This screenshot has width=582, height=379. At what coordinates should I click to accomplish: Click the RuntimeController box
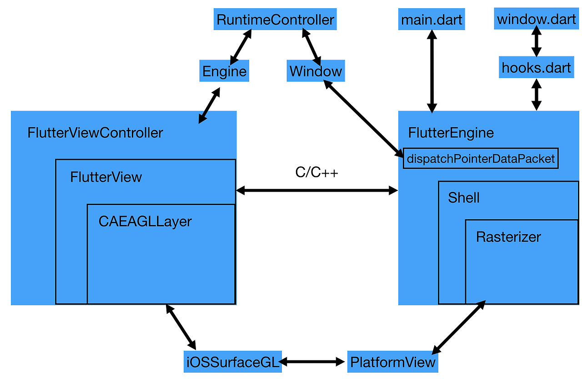(x=275, y=20)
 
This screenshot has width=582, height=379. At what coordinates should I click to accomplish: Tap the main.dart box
(x=431, y=20)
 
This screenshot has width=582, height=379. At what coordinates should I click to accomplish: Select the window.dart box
(x=537, y=20)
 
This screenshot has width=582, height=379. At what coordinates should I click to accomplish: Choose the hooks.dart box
(x=536, y=67)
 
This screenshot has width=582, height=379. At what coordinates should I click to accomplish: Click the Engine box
(x=224, y=72)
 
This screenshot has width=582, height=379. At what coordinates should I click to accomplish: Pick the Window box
(x=316, y=71)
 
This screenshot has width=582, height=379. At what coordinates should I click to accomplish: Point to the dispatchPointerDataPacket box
(x=481, y=159)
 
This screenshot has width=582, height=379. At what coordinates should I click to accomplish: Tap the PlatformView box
(x=393, y=362)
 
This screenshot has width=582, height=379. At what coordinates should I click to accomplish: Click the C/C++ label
(x=316, y=173)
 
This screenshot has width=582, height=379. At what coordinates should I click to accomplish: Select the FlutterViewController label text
(x=95, y=133)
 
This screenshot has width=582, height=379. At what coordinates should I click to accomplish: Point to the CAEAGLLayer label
(x=145, y=221)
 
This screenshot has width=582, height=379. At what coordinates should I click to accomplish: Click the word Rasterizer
(x=508, y=237)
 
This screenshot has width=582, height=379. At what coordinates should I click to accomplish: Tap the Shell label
(x=464, y=198)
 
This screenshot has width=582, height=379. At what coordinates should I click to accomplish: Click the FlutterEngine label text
(x=451, y=133)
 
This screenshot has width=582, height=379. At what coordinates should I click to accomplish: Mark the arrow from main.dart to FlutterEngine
(x=431, y=71)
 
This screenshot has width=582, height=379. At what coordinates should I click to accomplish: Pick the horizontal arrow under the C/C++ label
(x=317, y=191)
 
